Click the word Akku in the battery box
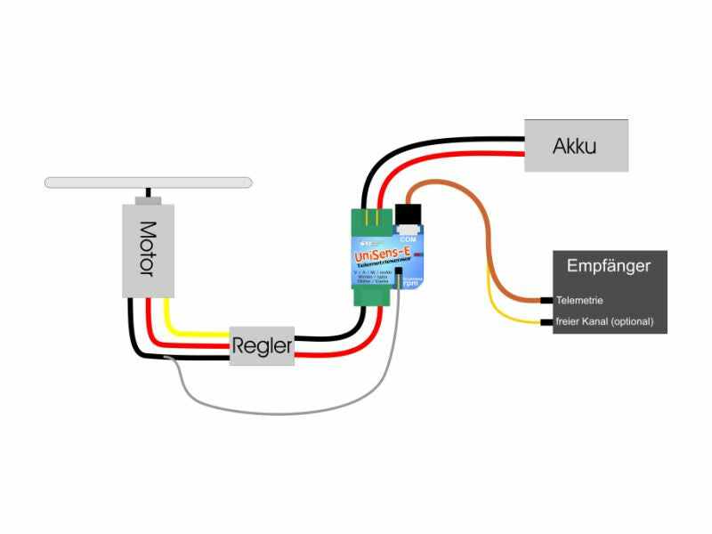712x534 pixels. pos(575,145)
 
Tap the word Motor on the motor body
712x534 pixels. pos(149,249)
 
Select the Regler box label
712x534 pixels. pos(263,347)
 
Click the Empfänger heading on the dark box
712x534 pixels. pos(609,265)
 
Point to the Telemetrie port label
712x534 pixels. pos(579,300)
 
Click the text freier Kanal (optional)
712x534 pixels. pos(604,321)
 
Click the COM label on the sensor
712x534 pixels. pos(408,239)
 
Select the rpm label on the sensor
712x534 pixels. pos(409,284)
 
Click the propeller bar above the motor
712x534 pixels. pos(149,182)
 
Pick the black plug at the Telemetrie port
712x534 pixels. pos(546,300)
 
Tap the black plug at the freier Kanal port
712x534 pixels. pos(546,321)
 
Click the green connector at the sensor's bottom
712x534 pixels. pos(370,295)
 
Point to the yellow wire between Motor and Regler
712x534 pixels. pos(196,333)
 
